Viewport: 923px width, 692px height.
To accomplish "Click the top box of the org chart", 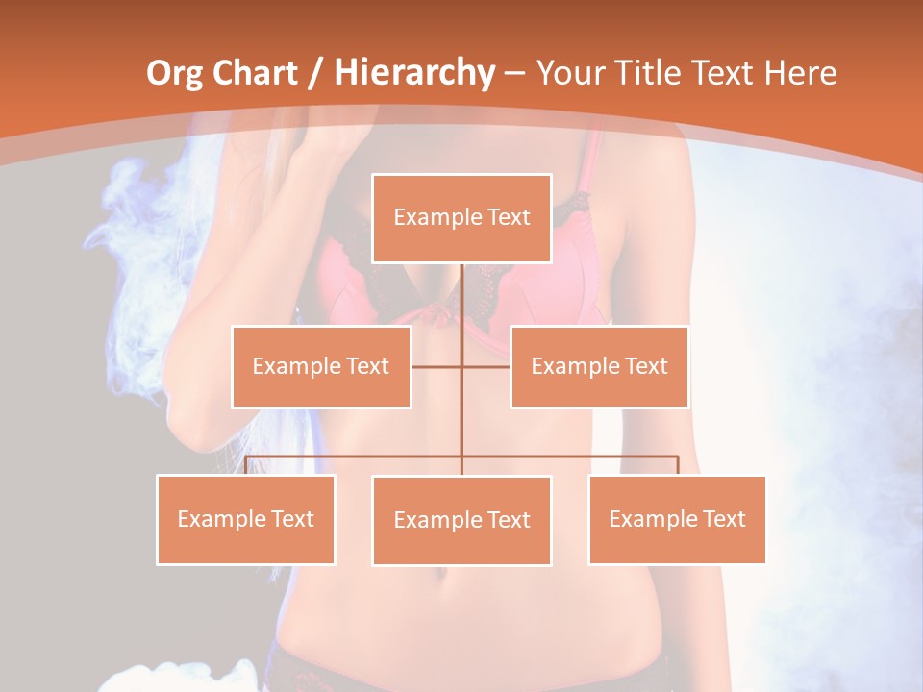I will (x=461, y=218).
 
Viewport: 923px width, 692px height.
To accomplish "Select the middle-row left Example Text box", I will (x=321, y=366).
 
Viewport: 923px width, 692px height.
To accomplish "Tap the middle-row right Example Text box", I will (x=599, y=366).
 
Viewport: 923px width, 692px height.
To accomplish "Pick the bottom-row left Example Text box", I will (x=245, y=519).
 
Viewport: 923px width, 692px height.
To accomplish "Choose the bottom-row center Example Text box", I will (x=461, y=520).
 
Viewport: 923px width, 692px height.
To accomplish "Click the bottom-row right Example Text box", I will (x=677, y=519).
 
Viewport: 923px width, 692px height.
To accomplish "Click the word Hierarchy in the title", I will (x=414, y=73).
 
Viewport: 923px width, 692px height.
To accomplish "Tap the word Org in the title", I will (x=175, y=73).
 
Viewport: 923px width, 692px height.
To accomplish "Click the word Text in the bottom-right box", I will (x=724, y=519).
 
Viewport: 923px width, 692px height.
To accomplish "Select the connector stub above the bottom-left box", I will (x=246, y=465).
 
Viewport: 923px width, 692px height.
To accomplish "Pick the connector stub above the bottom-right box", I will (x=678, y=465).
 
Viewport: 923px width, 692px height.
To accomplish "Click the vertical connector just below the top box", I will (x=461, y=288).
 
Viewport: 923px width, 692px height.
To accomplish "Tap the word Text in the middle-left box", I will (x=367, y=366).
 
